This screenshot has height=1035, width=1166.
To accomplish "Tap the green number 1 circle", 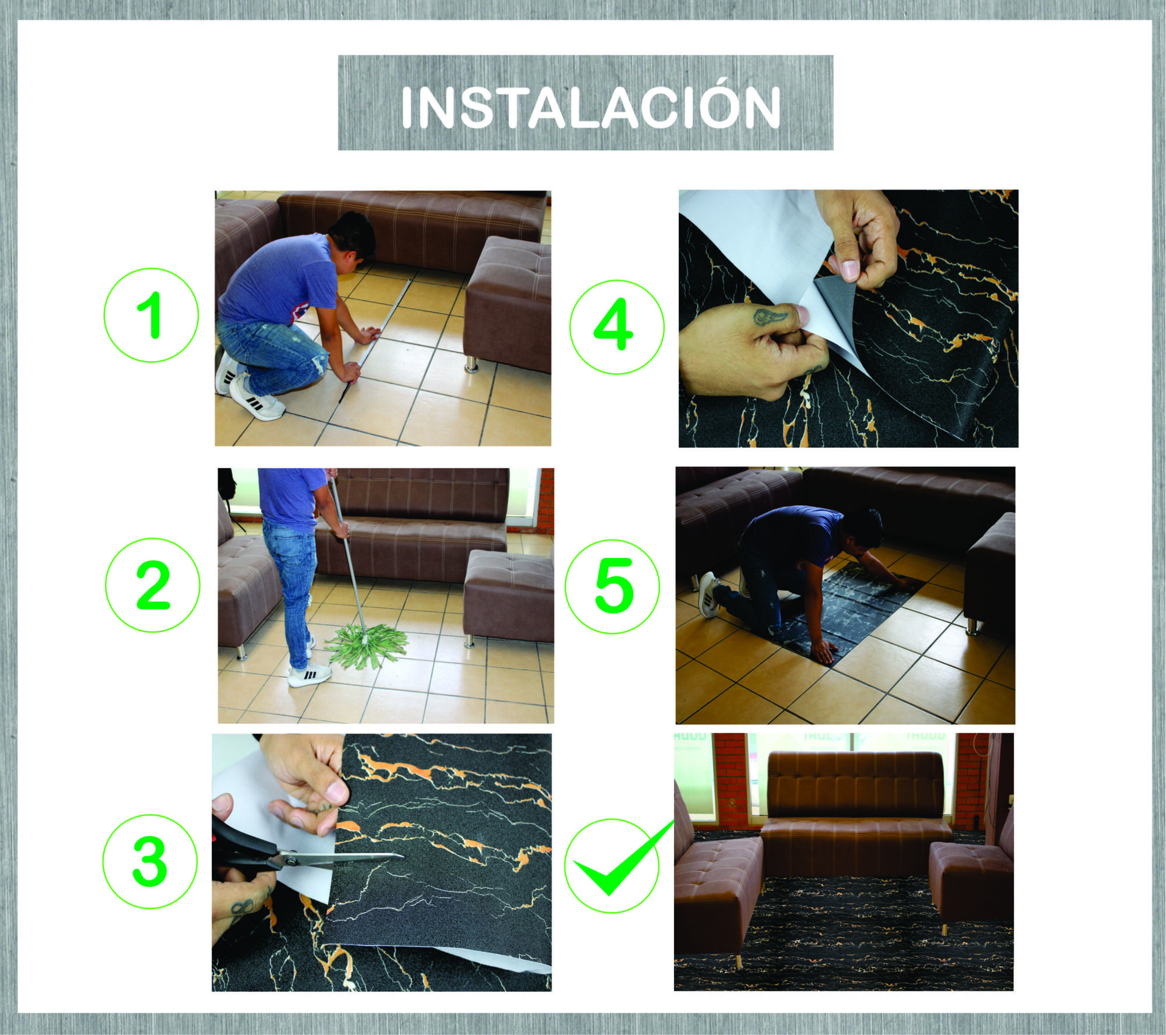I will coord(152,315).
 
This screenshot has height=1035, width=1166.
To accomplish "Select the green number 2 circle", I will coord(153,585).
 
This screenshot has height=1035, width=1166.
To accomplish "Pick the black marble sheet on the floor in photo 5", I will coord(857,612).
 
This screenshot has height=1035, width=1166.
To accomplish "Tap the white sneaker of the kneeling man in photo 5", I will coord(708,594).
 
